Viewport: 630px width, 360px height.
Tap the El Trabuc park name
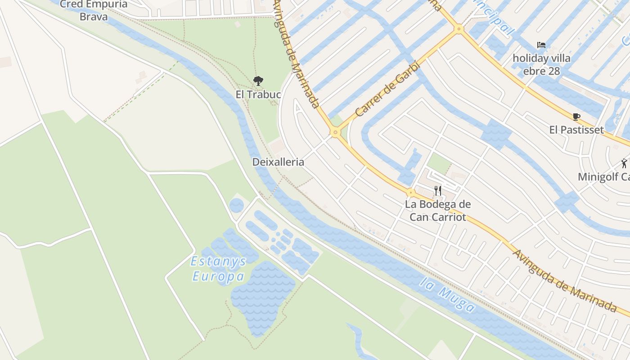click(x=258, y=94)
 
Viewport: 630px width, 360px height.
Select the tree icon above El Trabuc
click(x=258, y=81)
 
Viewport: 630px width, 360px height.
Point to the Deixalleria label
click(x=278, y=162)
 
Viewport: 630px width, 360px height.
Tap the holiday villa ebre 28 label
click(x=542, y=64)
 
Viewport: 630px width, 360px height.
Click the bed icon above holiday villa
click(x=541, y=45)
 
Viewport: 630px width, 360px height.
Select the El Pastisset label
click(x=576, y=130)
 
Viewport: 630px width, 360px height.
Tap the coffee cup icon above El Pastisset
click(x=576, y=117)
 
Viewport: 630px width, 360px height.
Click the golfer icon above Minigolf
click(x=624, y=163)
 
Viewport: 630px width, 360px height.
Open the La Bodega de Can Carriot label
click(x=438, y=211)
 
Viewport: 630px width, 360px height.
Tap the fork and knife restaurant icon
click(x=438, y=191)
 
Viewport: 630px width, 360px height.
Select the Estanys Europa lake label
click(x=219, y=269)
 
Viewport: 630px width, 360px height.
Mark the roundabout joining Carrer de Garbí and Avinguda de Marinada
click(x=335, y=132)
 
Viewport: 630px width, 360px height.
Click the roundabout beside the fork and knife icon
click(x=410, y=193)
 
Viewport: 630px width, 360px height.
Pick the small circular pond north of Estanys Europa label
click(x=236, y=206)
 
